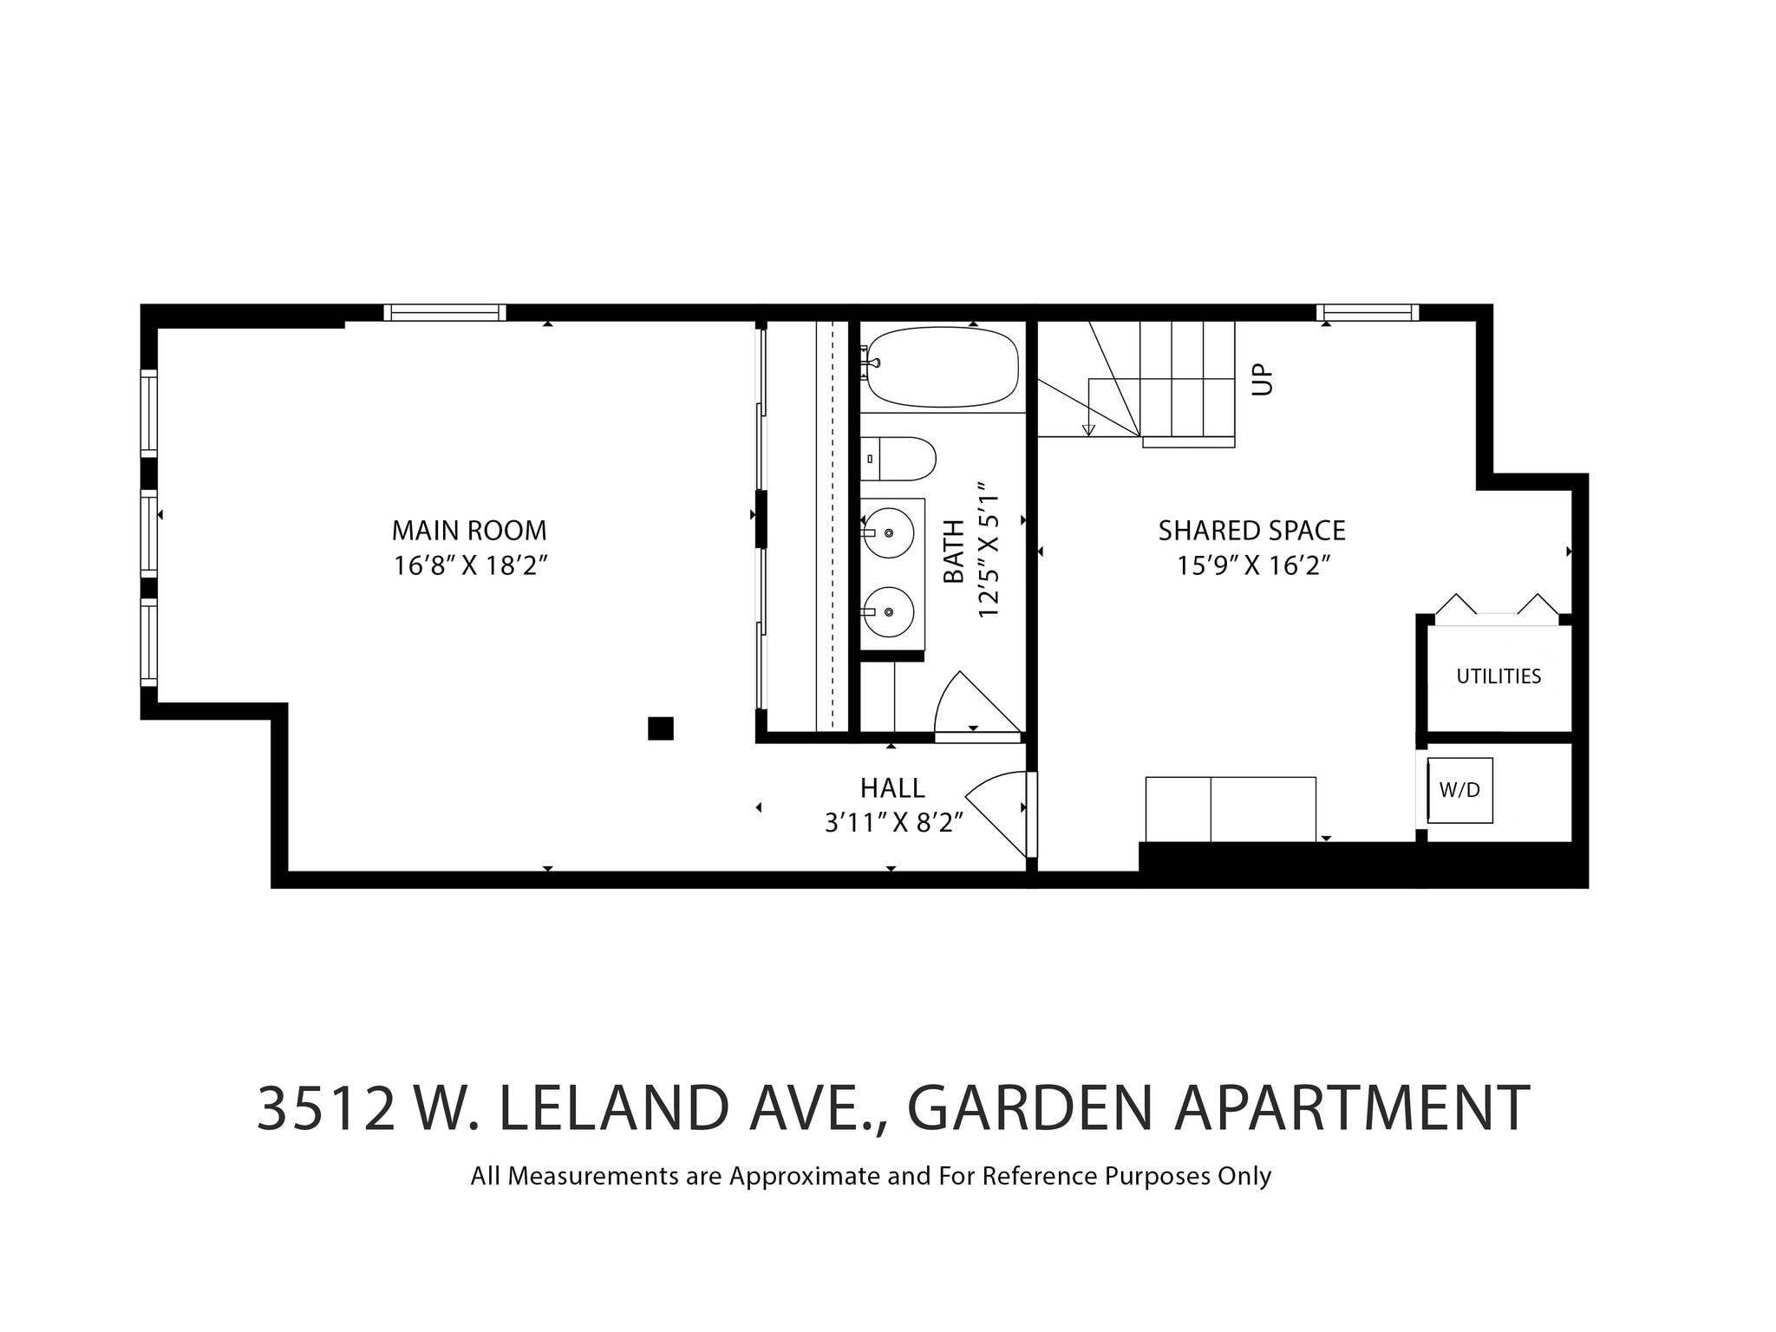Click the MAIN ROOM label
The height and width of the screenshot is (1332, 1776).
tap(469, 530)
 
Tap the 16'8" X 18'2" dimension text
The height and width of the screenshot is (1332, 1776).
tap(471, 565)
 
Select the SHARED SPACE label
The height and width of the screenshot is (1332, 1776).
tap(1251, 530)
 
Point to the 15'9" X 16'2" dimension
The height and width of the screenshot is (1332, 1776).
tap(1253, 565)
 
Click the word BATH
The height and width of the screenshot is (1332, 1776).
tap(954, 552)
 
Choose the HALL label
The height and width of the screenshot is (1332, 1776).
tap(892, 787)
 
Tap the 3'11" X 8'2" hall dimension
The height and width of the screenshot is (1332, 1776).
tap(894, 822)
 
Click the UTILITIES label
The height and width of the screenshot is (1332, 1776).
tap(1498, 676)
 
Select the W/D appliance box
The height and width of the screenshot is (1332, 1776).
tap(1460, 790)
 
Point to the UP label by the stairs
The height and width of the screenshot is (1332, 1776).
tap(1263, 378)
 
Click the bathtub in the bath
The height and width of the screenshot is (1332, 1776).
tap(943, 367)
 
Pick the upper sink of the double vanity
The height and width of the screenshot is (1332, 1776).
tap(889, 533)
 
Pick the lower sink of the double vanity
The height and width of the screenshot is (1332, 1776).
tap(889, 611)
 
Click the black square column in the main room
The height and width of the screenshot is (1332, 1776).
tap(661, 728)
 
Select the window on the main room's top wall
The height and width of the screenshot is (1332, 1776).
tap(445, 312)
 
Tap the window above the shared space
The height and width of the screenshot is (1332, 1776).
tap(1368, 312)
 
